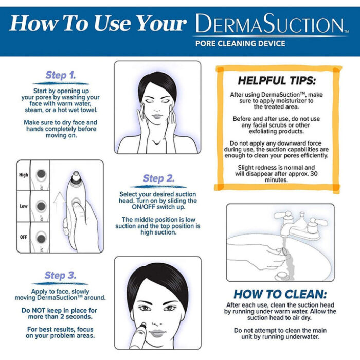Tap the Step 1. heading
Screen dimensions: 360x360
pos(60,75)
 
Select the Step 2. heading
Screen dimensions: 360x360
pos(158,178)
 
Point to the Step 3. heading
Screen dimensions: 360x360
pos(60,275)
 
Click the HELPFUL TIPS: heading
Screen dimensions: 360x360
pos(277,81)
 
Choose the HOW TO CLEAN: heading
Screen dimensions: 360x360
pos(280,295)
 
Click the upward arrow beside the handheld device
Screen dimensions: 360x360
pos(58,199)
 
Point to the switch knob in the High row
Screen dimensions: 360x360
pos(42,175)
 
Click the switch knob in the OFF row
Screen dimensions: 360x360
pos(42,238)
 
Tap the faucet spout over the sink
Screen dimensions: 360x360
pos(284,234)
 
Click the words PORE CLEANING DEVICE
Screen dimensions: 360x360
pos(240,44)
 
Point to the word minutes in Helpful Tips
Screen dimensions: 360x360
pos(277,181)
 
